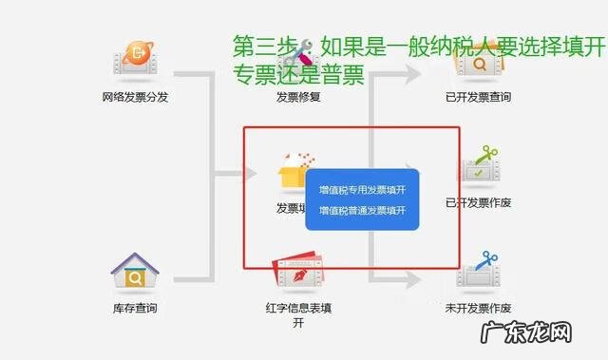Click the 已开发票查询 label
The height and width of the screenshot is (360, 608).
pos(478,97)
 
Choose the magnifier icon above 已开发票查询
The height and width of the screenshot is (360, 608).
pos(478,64)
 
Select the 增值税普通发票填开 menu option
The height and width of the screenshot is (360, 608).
pos(362,210)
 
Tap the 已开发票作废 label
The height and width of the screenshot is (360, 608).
pos(478,202)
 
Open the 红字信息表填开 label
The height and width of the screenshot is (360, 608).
pos(298,314)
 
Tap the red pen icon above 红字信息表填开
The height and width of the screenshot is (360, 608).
pos(298,271)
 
